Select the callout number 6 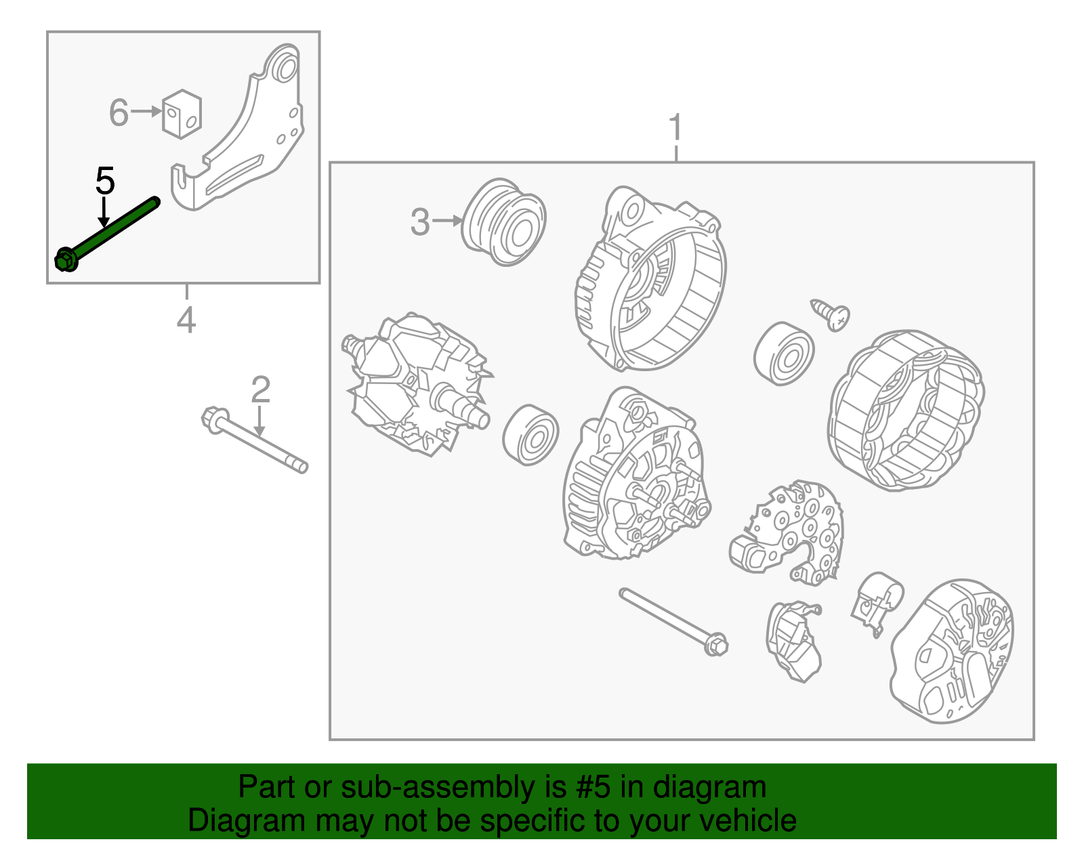click(x=119, y=112)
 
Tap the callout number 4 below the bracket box click(x=186, y=320)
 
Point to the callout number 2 click(x=260, y=389)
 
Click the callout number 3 click(x=419, y=222)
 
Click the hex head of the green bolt click(x=65, y=259)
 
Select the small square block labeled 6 click(x=182, y=114)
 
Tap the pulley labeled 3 click(x=504, y=221)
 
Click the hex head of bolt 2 click(x=215, y=420)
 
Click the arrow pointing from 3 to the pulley click(x=447, y=221)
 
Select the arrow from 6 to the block click(x=146, y=111)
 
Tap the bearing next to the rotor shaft click(x=530, y=435)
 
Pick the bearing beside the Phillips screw click(x=784, y=353)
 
